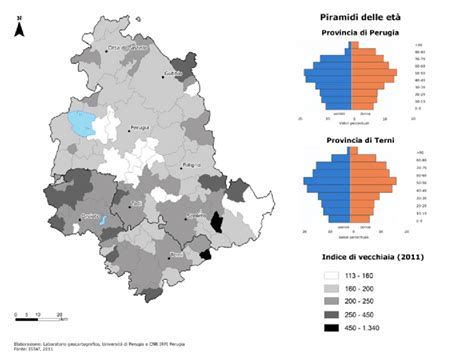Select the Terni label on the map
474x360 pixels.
tap(178, 256)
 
